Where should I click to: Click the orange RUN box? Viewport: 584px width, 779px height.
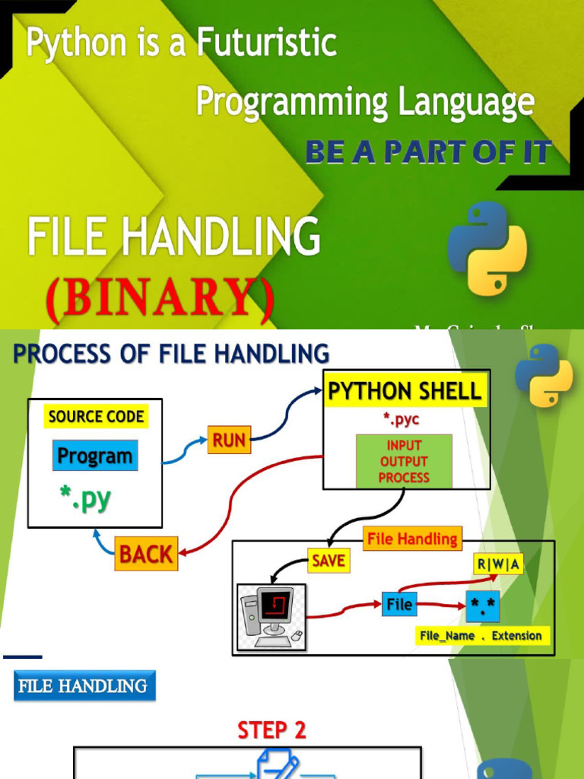click(x=229, y=440)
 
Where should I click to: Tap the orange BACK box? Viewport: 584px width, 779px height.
click(x=146, y=554)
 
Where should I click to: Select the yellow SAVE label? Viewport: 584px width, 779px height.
click(x=328, y=561)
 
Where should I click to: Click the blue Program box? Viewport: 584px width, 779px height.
click(x=95, y=456)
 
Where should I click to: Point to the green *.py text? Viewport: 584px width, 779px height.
click(x=85, y=499)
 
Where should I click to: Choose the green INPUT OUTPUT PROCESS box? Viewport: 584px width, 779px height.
click(x=404, y=462)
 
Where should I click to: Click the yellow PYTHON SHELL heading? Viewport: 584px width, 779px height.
click(x=405, y=392)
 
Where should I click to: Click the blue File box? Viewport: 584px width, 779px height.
click(x=399, y=605)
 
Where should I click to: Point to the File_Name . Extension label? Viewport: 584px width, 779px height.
click(x=481, y=636)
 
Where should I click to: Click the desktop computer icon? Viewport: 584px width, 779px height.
click(x=271, y=617)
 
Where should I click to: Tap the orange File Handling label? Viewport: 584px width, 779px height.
click(x=412, y=539)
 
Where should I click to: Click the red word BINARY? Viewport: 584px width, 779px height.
click(x=159, y=300)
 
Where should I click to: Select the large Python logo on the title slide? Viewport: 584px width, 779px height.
click(x=487, y=248)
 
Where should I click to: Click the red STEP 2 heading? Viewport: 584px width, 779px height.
click(x=271, y=730)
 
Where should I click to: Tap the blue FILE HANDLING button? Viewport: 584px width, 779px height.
click(x=84, y=685)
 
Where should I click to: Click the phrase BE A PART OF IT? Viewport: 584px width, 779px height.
click(x=427, y=153)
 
